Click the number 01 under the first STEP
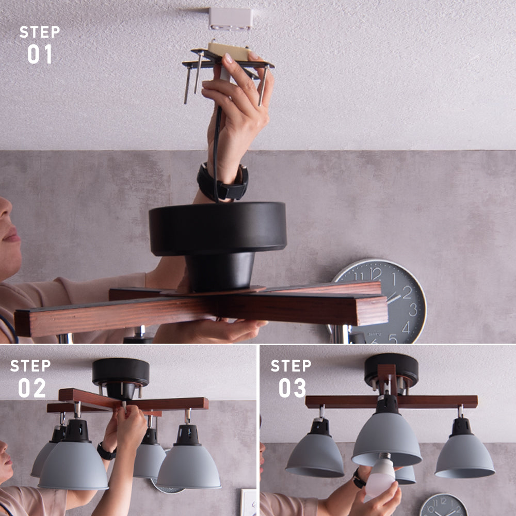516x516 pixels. click(40, 54)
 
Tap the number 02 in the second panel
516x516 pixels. click(32, 388)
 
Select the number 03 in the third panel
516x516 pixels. click(292, 388)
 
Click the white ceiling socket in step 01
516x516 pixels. click(231, 19)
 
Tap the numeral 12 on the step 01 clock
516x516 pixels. click(376, 274)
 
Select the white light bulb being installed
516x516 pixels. click(381, 474)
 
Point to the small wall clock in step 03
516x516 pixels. click(444, 505)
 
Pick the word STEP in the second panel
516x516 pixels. click(30, 366)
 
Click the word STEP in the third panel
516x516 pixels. click(291, 366)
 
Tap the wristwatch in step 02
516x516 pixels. click(106, 451)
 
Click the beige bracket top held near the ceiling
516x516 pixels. click(229, 51)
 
